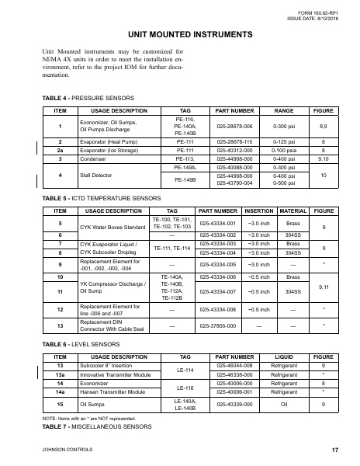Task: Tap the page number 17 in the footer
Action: click(x=334, y=450)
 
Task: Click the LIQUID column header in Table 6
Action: click(x=283, y=351)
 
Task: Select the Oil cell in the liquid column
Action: click(x=283, y=404)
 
